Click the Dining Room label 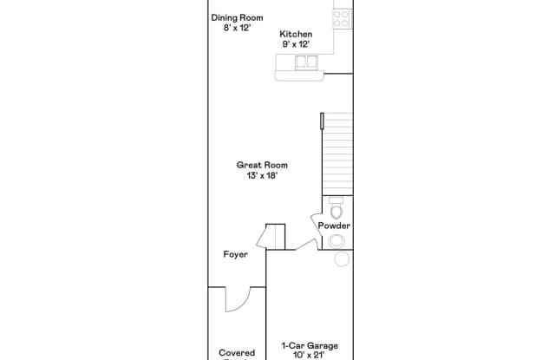(x=237, y=17)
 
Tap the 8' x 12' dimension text (x=237, y=28)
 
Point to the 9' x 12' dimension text (x=295, y=43)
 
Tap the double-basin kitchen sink (x=305, y=62)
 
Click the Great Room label (x=263, y=165)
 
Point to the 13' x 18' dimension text (x=263, y=175)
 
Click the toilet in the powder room (x=336, y=209)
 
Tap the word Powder (x=334, y=226)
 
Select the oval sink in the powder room (x=336, y=240)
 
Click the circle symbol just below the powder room (x=342, y=259)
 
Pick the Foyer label (x=235, y=255)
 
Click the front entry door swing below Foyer (x=236, y=299)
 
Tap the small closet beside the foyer (x=275, y=237)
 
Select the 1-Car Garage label (x=310, y=345)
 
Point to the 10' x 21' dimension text (x=310, y=355)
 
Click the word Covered (x=237, y=353)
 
